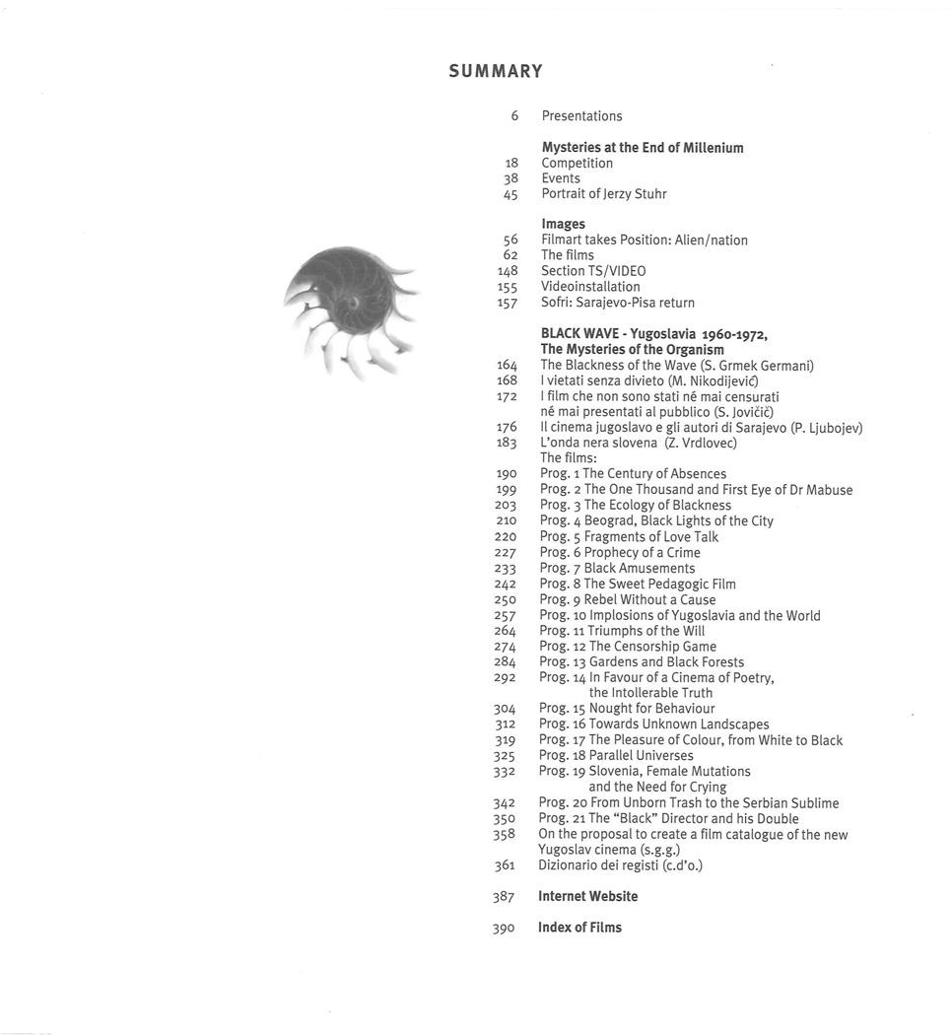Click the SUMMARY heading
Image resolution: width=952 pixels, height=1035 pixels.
click(496, 71)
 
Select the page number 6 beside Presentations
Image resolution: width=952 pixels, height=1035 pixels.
click(513, 116)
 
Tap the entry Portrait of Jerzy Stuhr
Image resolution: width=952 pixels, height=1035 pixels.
click(603, 194)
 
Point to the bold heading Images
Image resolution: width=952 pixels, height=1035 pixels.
click(563, 225)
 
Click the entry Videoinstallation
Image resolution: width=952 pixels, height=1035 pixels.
click(590, 287)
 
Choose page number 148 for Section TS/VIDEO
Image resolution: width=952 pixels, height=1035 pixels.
click(507, 271)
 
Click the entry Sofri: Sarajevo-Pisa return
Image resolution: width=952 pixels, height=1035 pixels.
click(617, 303)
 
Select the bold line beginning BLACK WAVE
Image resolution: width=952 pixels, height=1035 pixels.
click(653, 334)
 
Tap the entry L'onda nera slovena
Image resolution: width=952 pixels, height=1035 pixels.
click(638, 443)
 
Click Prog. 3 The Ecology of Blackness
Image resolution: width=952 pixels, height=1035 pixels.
click(635, 506)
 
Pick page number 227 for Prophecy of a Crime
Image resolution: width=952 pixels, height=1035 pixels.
click(506, 553)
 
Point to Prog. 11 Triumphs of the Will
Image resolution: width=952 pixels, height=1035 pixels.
click(622, 631)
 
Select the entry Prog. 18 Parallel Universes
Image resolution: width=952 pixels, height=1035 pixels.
click(616, 756)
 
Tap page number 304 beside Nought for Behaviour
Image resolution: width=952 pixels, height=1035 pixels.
click(506, 709)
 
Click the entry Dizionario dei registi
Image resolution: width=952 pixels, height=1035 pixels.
click(620, 865)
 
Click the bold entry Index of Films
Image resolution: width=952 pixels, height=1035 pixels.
click(579, 928)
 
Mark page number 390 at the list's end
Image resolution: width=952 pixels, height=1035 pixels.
click(504, 929)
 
